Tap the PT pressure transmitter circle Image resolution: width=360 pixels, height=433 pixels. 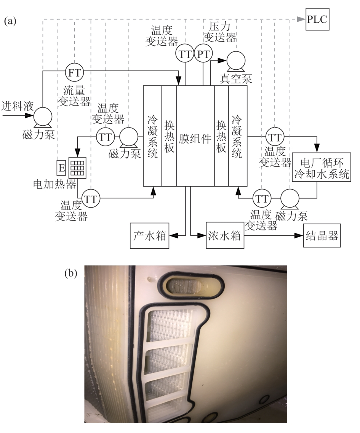point(203,54)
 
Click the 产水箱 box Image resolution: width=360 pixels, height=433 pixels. point(150,236)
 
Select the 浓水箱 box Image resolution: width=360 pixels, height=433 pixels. point(224,236)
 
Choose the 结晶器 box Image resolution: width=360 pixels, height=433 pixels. point(321,236)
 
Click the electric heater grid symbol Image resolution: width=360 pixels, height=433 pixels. point(78,166)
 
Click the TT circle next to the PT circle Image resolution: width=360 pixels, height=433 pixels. point(185,54)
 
